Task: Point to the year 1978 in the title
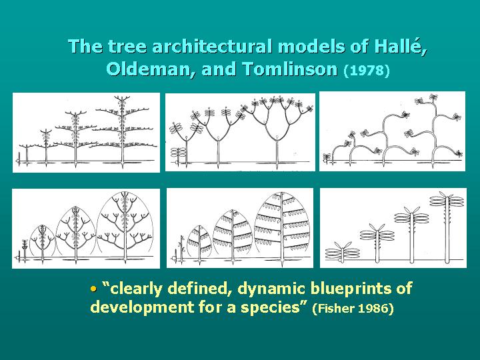[x=366, y=70]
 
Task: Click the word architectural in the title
[x=202, y=47]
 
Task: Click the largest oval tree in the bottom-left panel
[x=125, y=227]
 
